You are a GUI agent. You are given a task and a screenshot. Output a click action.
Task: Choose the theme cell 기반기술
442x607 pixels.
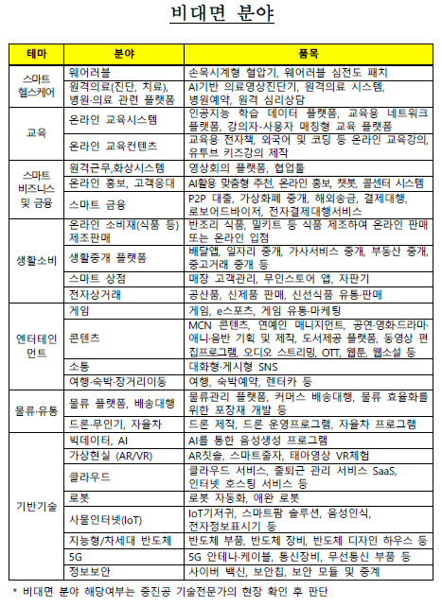click(x=37, y=506)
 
